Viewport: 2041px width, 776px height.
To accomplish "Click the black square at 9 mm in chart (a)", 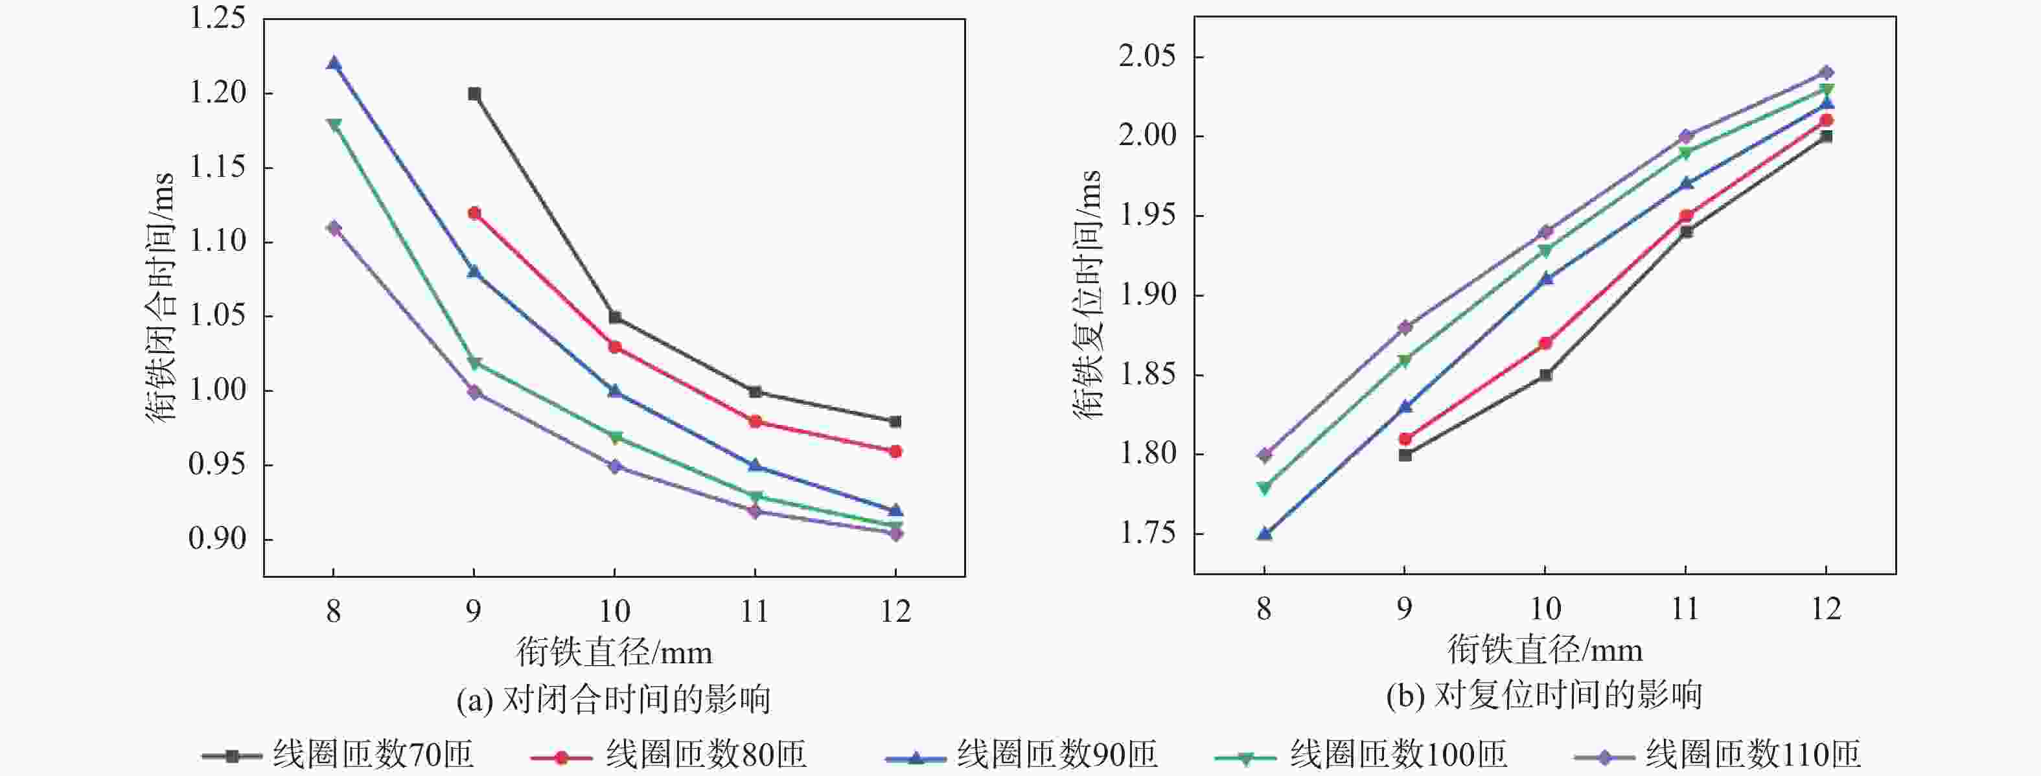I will (474, 94).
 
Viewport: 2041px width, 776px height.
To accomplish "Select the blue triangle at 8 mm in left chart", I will (334, 64).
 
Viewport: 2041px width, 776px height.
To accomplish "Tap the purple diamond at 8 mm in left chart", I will (334, 228).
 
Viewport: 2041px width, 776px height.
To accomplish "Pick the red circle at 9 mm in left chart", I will (474, 213).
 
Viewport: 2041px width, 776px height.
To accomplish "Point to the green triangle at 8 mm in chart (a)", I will (334, 124).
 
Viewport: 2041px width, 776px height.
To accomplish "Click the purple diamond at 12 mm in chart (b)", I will (1827, 73).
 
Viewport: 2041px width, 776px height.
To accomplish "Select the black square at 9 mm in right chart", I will (1405, 455).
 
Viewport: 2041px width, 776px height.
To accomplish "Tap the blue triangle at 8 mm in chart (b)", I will (1265, 534).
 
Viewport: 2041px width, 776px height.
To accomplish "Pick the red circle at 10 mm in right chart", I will (1545, 343).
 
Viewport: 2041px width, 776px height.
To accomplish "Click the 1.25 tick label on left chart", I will (216, 18).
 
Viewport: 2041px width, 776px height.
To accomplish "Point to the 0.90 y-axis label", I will (216, 538).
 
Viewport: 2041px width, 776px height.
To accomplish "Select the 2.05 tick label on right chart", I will (1146, 57).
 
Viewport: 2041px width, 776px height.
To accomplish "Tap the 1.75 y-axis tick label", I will (1146, 534).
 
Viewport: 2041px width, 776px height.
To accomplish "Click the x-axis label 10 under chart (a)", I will (614, 611).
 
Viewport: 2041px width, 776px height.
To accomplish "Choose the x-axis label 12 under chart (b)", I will (1827, 609).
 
